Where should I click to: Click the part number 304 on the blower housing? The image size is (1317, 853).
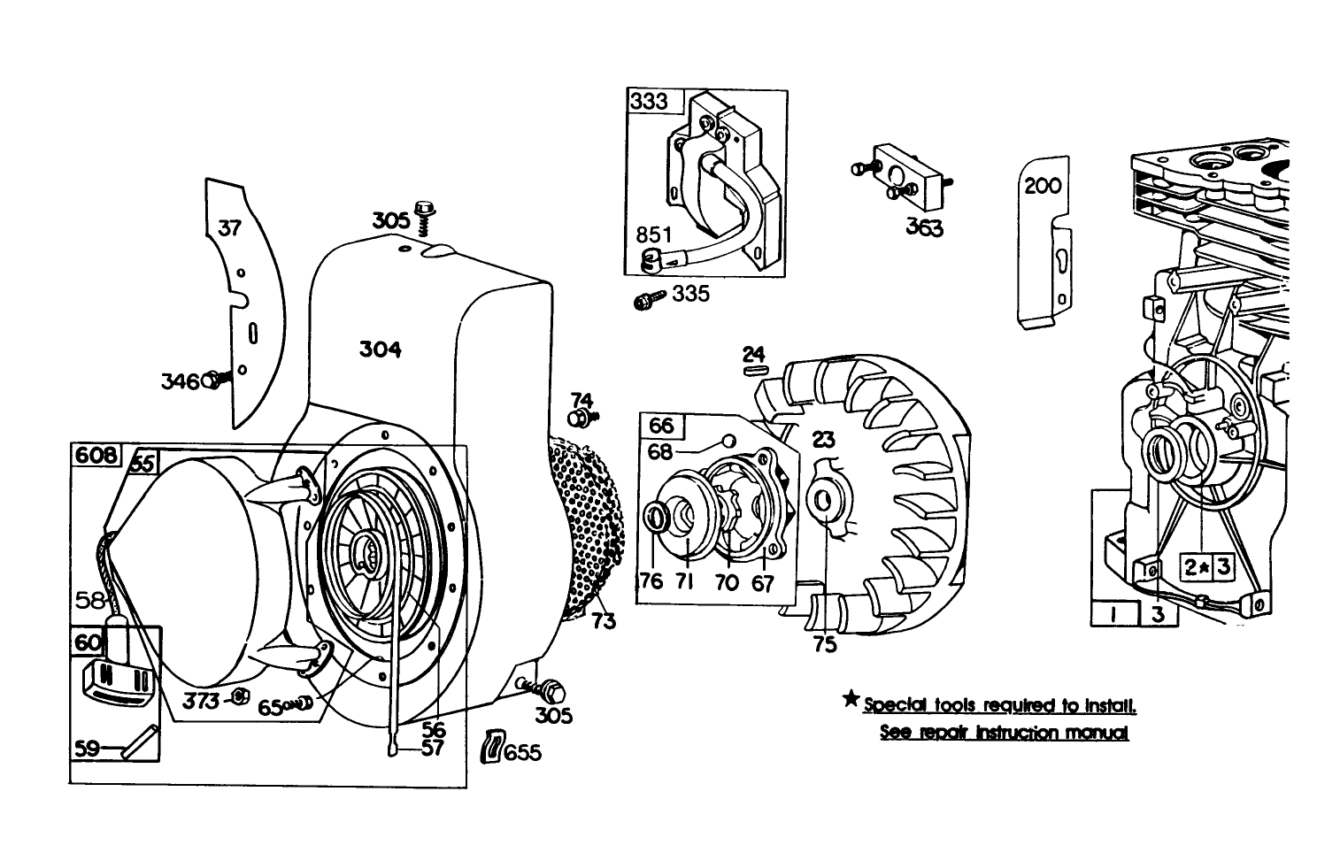click(x=380, y=350)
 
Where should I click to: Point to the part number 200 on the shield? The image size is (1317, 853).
click(x=1042, y=188)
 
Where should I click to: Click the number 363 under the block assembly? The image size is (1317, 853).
click(x=923, y=227)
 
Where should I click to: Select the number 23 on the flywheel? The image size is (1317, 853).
click(x=823, y=440)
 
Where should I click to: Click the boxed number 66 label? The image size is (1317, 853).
click(x=660, y=426)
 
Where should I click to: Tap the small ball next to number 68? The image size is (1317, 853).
click(x=728, y=440)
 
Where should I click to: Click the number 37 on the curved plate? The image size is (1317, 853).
click(x=229, y=228)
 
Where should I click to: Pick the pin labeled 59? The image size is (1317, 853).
click(x=141, y=742)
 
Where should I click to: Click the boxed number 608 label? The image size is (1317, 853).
click(x=96, y=456)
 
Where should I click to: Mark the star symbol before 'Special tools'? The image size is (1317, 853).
click(x=851, y=701)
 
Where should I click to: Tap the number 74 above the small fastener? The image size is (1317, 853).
click(x=581, y=400)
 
